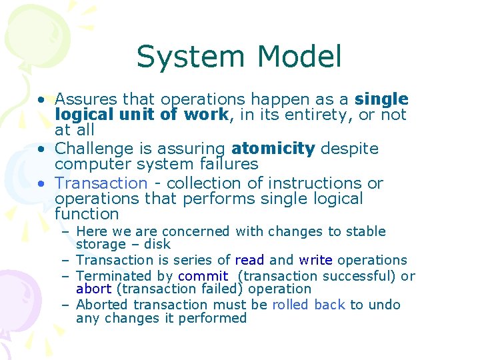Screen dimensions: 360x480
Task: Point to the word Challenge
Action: pos(95,148)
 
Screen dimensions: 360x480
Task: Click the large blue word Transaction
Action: pos(101,183)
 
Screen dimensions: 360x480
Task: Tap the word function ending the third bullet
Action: pos(87,214)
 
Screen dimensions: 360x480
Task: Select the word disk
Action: pos(157,244)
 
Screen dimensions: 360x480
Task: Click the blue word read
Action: pos(249,260)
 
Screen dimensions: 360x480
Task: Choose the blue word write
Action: pos(316,260)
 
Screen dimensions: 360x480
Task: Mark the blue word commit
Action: pos(203,275)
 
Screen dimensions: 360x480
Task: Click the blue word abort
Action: pos(94,289)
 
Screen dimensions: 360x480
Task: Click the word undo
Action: pos(385,305)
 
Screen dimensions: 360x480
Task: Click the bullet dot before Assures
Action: pos(42,100)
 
